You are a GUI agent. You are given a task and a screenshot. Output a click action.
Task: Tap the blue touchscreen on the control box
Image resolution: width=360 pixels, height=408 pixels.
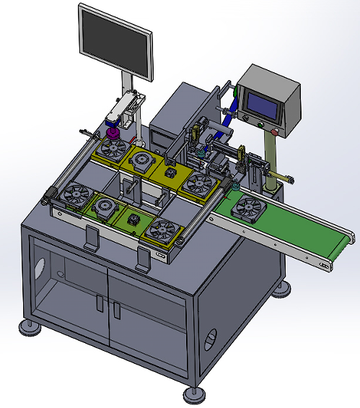(x=258, y=104)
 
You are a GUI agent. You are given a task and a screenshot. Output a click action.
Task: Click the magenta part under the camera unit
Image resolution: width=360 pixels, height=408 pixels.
(x=113, y=135)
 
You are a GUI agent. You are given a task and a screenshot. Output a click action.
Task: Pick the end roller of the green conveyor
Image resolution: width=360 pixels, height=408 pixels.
(x=351, y=238)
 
